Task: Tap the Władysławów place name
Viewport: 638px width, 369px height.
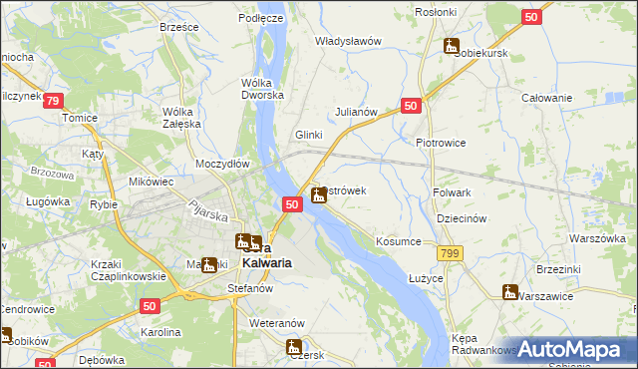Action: click(349, 41)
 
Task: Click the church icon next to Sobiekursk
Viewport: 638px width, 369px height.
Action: click(452, 46)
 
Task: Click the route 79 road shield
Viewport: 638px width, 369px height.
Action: click(54, 102)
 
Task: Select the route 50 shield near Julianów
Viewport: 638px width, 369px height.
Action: click(412, 105)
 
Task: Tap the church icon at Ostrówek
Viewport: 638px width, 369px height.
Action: click(318, 194)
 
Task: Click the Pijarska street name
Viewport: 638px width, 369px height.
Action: click(212, 212)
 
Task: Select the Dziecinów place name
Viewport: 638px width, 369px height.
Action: click(461, 218)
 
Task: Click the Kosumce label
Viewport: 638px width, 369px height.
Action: click(400, 241)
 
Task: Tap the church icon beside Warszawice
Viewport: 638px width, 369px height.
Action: click(509, 292)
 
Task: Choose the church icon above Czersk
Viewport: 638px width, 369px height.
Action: click(293, 347)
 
